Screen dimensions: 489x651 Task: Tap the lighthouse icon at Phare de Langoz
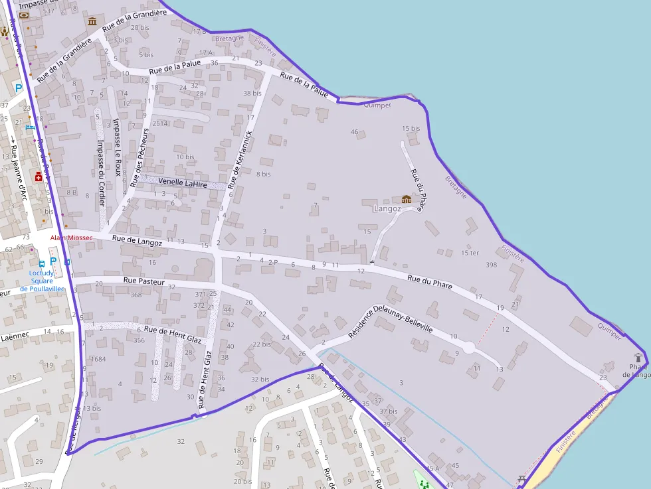(638, 357)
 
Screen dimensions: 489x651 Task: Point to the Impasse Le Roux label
(117, 147)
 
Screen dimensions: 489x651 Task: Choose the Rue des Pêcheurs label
(141, 157)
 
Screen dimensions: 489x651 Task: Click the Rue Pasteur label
(143, 281)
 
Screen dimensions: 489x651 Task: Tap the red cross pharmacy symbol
(39, 176)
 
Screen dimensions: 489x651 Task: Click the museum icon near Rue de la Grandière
(92, 22)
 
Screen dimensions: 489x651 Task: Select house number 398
(491, 265)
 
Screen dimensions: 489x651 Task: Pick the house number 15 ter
(470, 253)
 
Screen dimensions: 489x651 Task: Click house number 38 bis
(252, 94)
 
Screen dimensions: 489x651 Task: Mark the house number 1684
(98, 359)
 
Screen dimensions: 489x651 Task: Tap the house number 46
(354, 132)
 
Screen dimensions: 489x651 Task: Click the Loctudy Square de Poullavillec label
(42, 281)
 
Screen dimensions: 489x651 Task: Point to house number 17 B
(199, 31)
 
